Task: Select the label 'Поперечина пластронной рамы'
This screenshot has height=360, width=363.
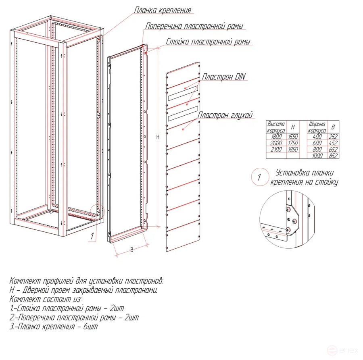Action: coord(194,27)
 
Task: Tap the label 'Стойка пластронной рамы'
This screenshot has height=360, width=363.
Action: coord(208,42)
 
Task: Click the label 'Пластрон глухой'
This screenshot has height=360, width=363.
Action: coord(225,115)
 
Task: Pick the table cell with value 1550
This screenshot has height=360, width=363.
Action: coord(292,137)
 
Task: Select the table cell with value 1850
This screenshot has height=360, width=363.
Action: coord(292,150)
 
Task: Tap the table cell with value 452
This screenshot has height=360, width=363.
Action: coord(333,143)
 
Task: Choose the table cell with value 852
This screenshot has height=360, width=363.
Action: coord(333,156)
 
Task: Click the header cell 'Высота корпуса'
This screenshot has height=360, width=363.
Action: coord(276,127)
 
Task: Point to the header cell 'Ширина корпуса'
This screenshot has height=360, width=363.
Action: coord(317,127)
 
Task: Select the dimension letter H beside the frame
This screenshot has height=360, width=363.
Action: coord(158,137)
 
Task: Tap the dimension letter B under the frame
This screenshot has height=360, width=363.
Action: coord(131,250)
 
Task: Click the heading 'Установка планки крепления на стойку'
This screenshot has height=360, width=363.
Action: coord(304,177)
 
